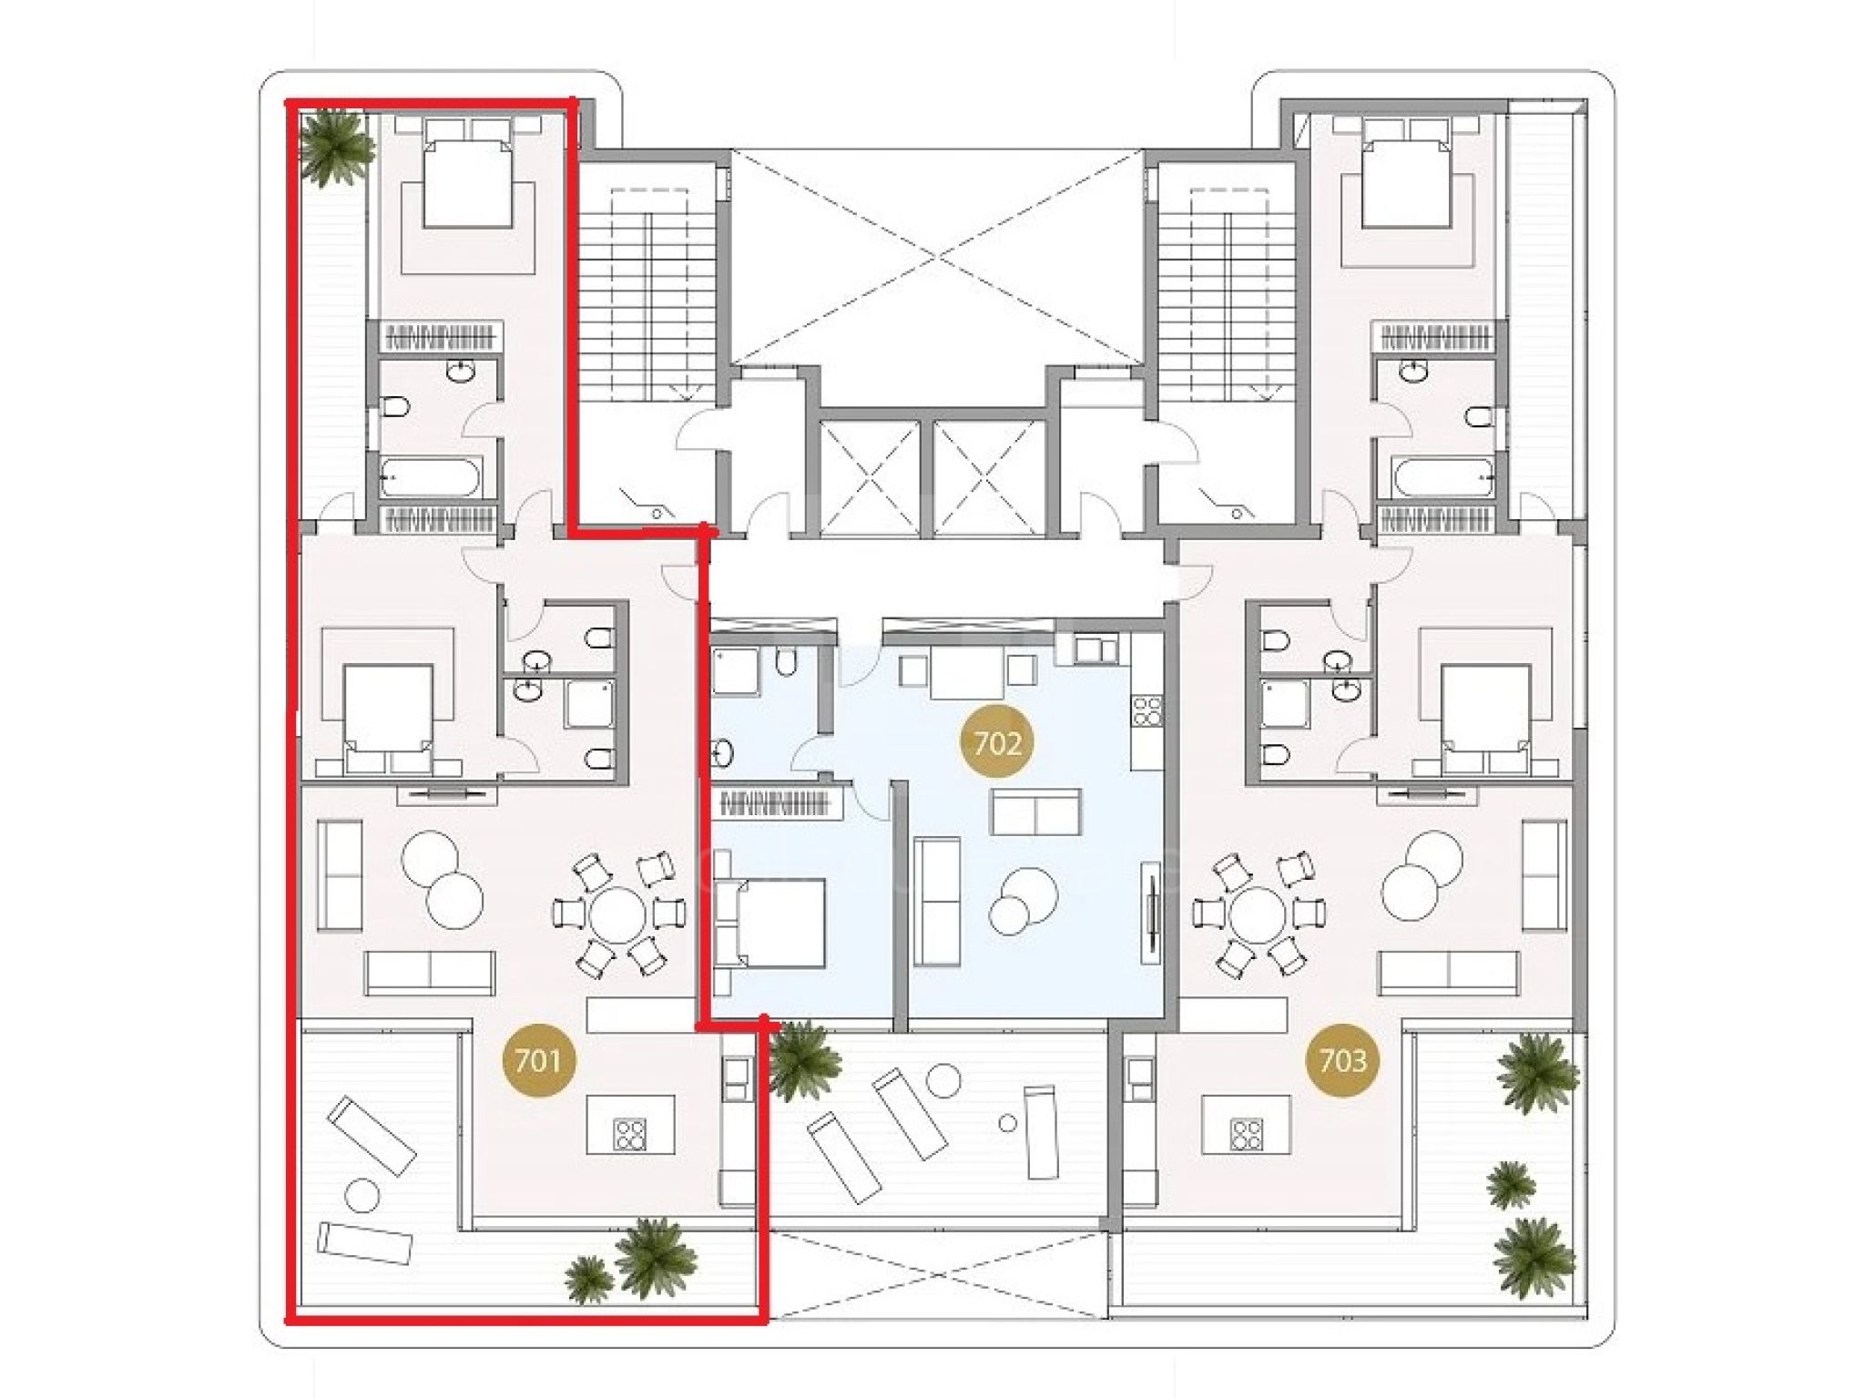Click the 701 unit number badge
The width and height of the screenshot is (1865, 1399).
click(x=537, y=1060)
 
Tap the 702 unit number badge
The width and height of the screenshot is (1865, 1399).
click(x=997, y=743)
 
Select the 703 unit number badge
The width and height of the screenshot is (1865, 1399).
click(x=1342, y=1060)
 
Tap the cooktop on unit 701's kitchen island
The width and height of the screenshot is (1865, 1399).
click(x=630, y=1134)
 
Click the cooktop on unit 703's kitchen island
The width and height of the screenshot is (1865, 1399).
click(x=1246, y=1134)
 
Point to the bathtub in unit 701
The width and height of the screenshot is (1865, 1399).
click(x=427, y=476)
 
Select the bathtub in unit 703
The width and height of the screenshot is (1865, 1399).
click(x=1442, y=476)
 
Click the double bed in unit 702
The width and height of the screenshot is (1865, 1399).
click(x=771, y=923)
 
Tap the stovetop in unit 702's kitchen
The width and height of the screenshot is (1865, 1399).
click(x=1147, y=710)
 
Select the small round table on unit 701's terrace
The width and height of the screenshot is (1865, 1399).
click(x=362, y=1196)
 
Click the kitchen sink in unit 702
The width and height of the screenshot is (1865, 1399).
click(x=1095, y=648)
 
